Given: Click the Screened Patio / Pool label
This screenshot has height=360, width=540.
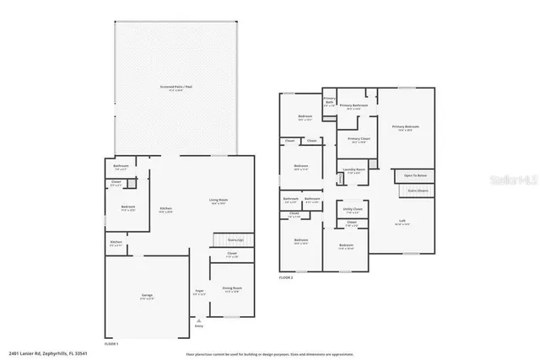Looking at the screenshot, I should [175, 87].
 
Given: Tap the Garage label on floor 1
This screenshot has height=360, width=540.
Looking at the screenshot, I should [147, 297].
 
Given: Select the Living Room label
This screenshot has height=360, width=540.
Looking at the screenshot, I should [219, 201].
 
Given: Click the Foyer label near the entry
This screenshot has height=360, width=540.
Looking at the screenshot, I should [199, 293].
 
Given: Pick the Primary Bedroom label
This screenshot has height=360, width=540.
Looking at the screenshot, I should [406, 127].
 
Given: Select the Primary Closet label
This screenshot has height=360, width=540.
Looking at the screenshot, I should [359, 140].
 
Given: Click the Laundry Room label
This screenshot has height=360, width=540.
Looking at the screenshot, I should [354, 171].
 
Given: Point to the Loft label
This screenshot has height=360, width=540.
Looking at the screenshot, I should [402, 222].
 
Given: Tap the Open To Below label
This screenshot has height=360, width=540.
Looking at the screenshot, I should [414, 175].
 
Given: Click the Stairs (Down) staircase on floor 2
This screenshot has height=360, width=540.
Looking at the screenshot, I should [417, 191].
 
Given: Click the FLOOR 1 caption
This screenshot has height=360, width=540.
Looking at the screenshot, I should [111, 344].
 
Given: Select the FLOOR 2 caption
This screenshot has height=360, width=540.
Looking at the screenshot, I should [286, 277].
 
